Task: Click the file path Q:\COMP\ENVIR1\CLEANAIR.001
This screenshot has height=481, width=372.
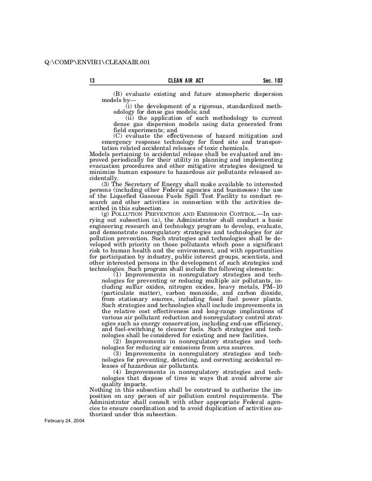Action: pos(98,63)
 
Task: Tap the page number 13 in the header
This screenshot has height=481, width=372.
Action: pos(92,82)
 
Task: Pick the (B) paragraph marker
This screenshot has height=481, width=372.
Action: pos(118,95)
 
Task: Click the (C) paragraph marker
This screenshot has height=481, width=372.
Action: pos(118,135)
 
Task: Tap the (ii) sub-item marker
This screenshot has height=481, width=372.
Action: pos(129,118)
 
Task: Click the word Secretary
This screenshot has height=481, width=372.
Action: pos(148,183)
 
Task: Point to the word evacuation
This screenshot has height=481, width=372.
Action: pos(106,166)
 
